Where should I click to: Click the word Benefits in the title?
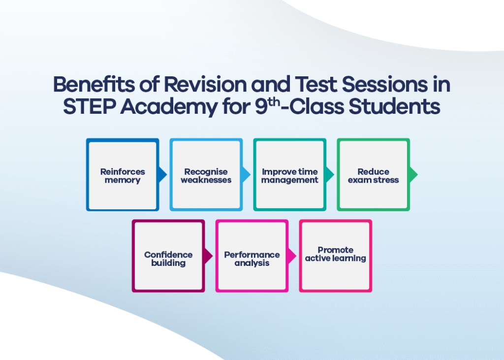tap(94, 84)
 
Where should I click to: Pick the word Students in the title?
tap(394, 106)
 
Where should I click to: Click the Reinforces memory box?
tap(123, 175)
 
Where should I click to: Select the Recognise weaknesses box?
tap(206, 175)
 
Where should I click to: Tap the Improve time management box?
tap(289, 175)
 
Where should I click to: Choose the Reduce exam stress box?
tap(373, 175)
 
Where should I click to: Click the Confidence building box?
tap(168, 256)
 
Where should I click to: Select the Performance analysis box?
tap(252, 256)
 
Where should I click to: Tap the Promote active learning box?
tap(335, 256)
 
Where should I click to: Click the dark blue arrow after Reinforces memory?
tap(162, 175)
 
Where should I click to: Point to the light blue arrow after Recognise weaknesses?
tap(246, 175)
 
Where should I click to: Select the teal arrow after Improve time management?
tap(330, 175)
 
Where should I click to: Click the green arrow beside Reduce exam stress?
tap(413, 175)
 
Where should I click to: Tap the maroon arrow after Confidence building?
tap(208, 256)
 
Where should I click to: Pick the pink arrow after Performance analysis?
tap(292, 256)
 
